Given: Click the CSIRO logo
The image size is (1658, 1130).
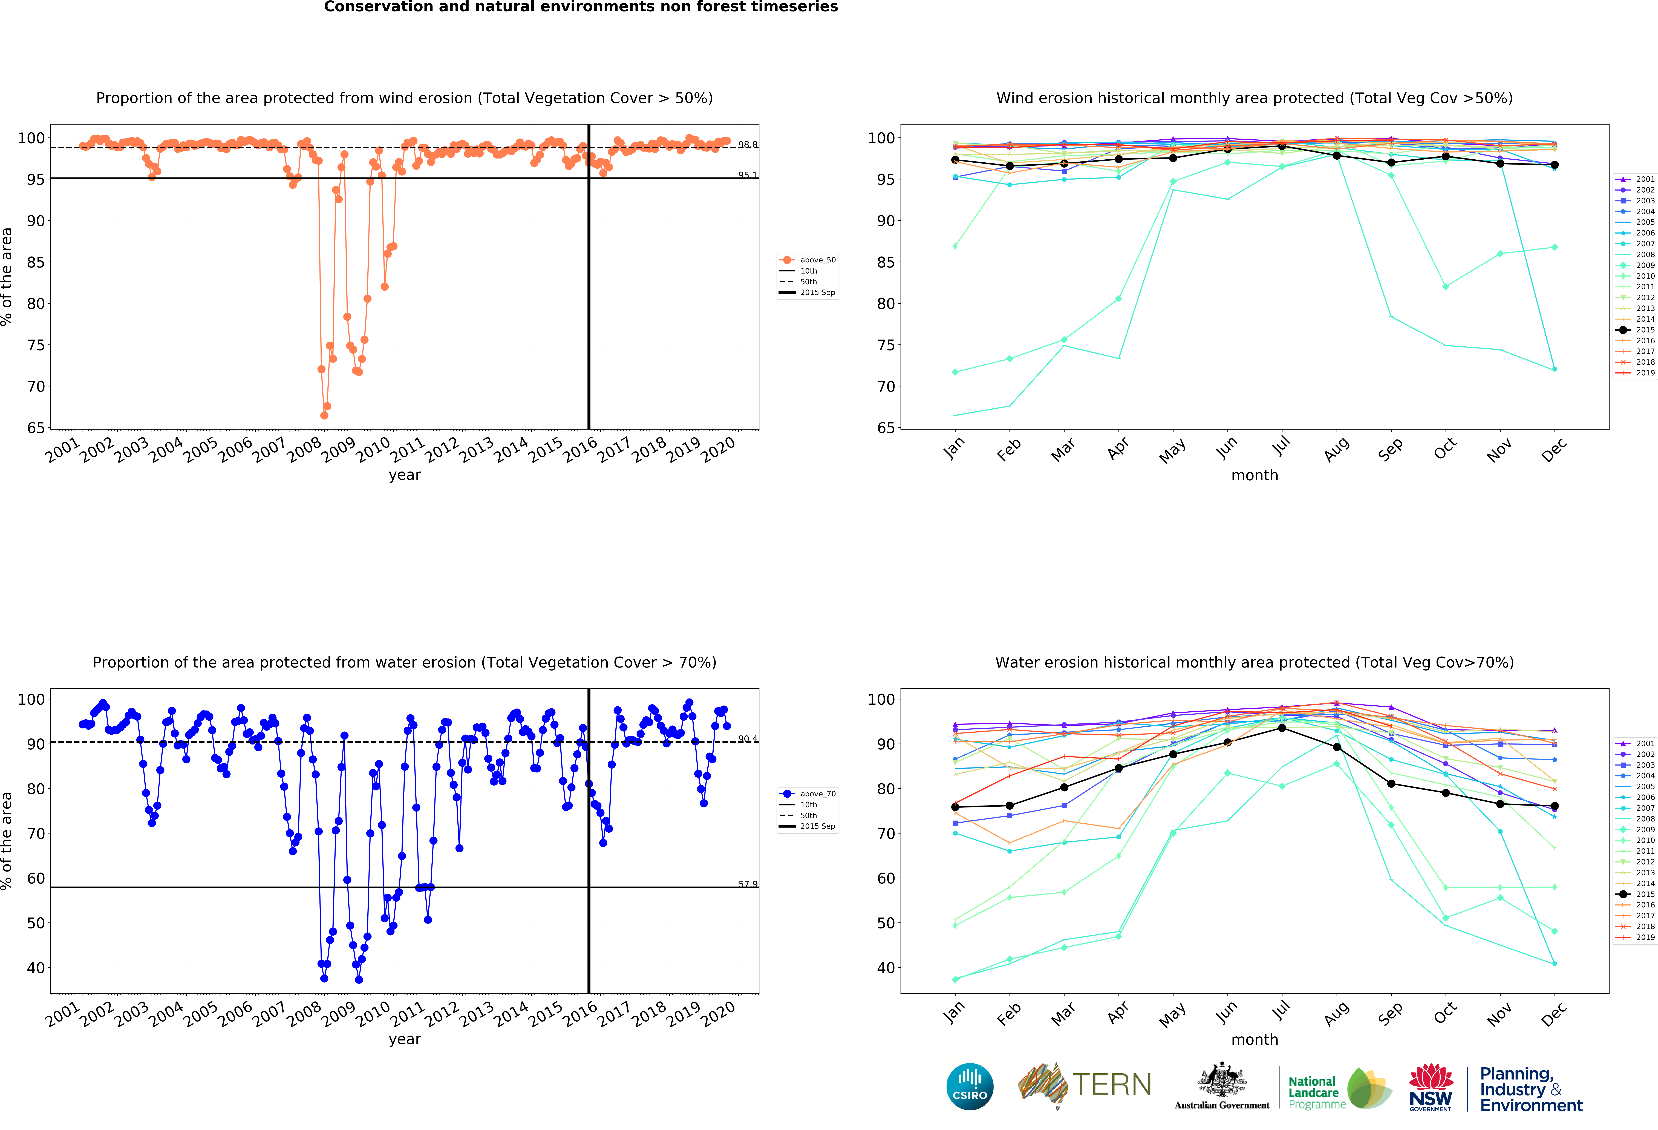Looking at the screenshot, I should click(970, 1086).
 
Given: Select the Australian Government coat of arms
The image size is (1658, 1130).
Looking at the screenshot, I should click(1221, 1081).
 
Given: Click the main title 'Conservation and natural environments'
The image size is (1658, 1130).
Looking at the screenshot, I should click(581, 7).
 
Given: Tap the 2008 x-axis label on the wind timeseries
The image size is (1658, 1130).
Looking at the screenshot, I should click(305, 449).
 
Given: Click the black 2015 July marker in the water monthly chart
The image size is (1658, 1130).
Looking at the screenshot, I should click(1282, 728).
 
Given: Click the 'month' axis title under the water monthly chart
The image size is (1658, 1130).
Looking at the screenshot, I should click(1254, 1039).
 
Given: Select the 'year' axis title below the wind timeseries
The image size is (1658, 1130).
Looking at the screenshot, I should click(405, 475).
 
